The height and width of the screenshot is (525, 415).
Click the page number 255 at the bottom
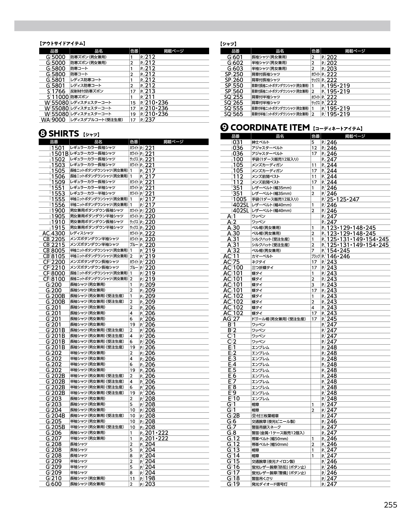390,505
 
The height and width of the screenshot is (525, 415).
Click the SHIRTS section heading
64,134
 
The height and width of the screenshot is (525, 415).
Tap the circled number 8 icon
43,134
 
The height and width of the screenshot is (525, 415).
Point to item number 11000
60,97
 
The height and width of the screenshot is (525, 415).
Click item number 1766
58,91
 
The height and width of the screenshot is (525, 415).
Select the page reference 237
150,120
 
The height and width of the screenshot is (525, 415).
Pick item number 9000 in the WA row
58,120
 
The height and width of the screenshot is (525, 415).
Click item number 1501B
60,153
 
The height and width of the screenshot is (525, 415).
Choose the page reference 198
150,478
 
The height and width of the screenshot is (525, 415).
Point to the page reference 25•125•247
343,199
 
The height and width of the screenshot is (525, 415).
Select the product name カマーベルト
262,256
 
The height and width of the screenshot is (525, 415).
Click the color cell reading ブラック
315,256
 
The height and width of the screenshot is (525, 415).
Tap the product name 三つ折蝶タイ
262,268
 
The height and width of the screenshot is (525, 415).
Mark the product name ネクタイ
259,262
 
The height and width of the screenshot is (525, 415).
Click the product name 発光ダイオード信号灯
269,484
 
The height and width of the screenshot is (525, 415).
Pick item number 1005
240,199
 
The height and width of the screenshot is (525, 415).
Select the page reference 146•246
338,256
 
